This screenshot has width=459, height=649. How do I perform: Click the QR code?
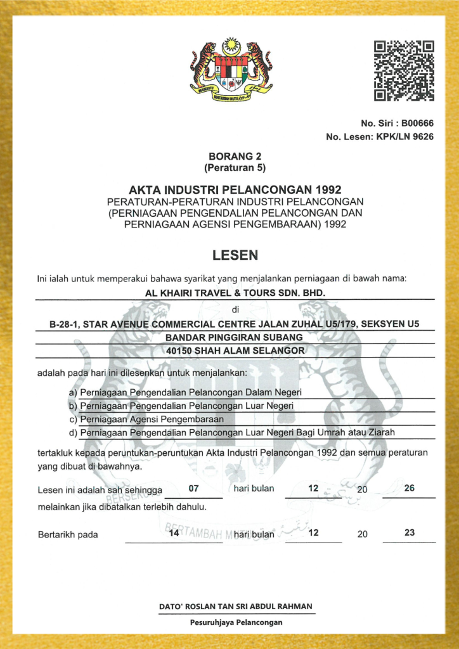[x=404, y=71]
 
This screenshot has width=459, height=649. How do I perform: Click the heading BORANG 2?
[x=235, y=157]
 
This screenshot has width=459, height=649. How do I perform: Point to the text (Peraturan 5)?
[x=235, y=168]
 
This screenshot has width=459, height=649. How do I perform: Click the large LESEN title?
[x=235, y=255]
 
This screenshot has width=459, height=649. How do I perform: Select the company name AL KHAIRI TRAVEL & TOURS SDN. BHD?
[x=235, y=293]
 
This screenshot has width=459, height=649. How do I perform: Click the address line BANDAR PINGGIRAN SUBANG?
[x=235, y=337]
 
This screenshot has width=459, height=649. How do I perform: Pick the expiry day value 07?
[x=194, y=489]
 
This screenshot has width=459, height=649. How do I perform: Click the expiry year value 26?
[x=409, y=489]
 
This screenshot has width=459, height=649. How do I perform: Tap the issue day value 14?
[x=174, y=534]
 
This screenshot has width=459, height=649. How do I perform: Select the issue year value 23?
[x=409, y=533]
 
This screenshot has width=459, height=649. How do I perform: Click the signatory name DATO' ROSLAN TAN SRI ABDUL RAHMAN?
[x=235, y=607]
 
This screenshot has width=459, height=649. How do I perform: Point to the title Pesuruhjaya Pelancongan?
[x=236, y=622]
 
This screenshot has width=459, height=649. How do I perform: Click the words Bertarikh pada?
[x=68, y=534]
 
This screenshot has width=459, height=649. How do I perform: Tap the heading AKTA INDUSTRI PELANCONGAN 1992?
[x=235, y=190]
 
